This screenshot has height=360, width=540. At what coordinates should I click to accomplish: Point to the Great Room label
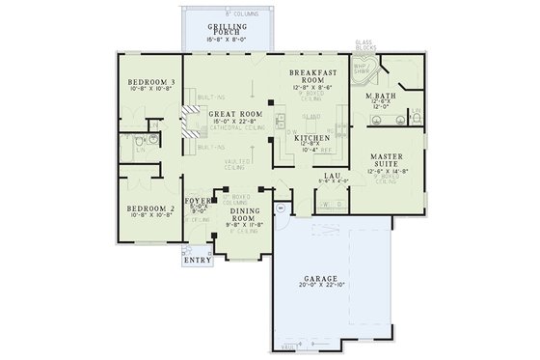[x=230, y=113]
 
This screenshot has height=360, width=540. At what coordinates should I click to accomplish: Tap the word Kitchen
[x=312, y=138]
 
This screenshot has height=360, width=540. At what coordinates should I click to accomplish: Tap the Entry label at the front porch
[x=196, y=259]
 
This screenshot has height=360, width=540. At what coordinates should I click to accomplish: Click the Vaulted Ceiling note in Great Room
[x=236, y=165]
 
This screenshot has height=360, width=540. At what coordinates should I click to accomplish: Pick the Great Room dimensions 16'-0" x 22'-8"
[x=230, y=121]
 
